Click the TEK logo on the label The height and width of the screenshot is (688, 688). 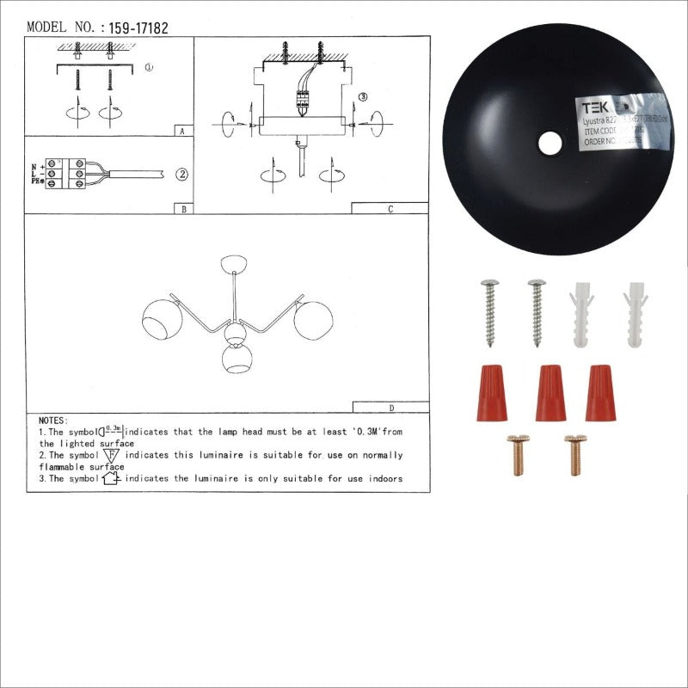click(x=594, y=108)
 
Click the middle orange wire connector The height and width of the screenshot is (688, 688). click(x=550, y=392)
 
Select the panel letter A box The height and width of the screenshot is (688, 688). click(x=182, y=132)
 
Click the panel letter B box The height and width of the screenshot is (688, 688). click(x=182, y=208)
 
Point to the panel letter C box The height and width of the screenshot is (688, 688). click(x=390, y=208)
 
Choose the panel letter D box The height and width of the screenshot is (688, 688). click(x=390, y=408)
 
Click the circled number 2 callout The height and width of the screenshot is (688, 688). click(x=182, y=175)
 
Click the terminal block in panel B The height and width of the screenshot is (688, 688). click(x=67, y=173)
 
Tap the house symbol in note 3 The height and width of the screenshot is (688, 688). click(x=110, y=479)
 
